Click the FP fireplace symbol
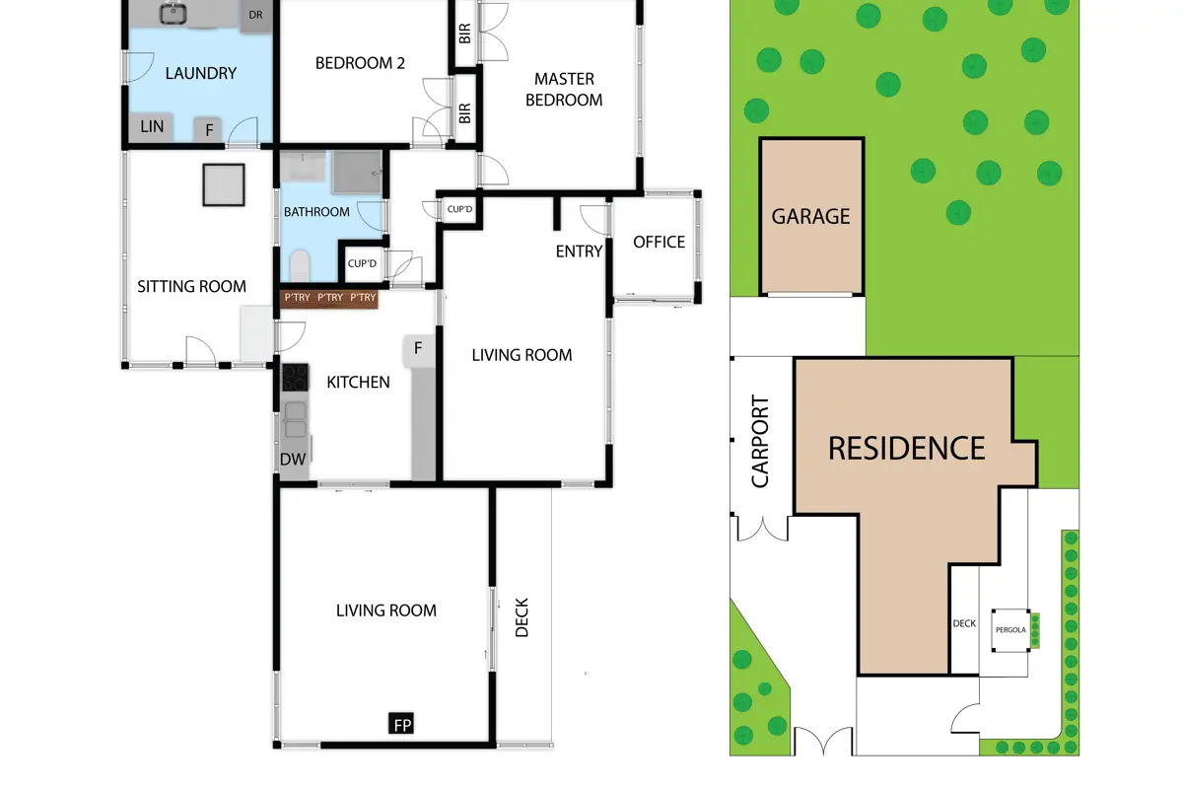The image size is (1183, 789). tap(401, 724)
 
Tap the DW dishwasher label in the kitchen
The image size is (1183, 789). tap(293, 460)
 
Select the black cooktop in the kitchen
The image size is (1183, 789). tap(295, 378)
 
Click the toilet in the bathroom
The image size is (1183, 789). tap(300, 266)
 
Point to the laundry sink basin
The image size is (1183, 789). tap(173, 14)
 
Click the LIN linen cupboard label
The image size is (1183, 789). tap(152, 127)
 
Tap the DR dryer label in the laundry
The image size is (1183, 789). tap(255, 15)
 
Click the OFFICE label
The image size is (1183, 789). tap(659, 242)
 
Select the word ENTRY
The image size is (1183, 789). tap(579, 251)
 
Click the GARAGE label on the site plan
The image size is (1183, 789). tap(810, 216)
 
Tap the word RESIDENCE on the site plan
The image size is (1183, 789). tap(906, 448)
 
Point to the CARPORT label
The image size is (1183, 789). tap(760, 441)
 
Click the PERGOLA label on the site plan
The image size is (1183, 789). tap(1010, 630)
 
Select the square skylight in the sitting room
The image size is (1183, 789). tap(224, 184)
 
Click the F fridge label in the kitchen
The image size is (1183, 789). tap(418, 348)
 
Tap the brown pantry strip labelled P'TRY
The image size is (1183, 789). tap(329, 298)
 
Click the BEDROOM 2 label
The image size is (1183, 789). tap(360, 63)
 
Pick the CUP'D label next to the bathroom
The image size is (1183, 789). tap(362, 263)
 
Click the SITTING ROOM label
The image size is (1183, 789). tap(191, 286)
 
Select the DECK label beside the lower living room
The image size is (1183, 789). tap(522, 617)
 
